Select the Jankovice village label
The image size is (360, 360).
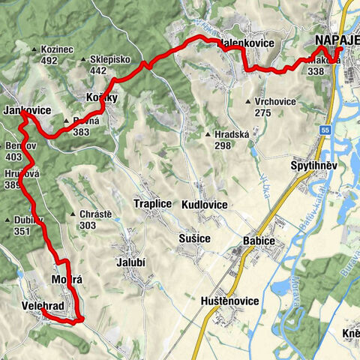coord(27,110)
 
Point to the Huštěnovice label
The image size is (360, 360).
coord(231,301)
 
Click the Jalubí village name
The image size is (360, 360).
coord(130,262)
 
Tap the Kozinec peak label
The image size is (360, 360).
coord(60,49)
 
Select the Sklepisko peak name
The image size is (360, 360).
coord(109,59)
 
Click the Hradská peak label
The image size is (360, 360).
coord(232,134)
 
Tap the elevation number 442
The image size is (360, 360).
coord(98,70)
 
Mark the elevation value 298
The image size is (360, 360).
coord(223,145)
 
